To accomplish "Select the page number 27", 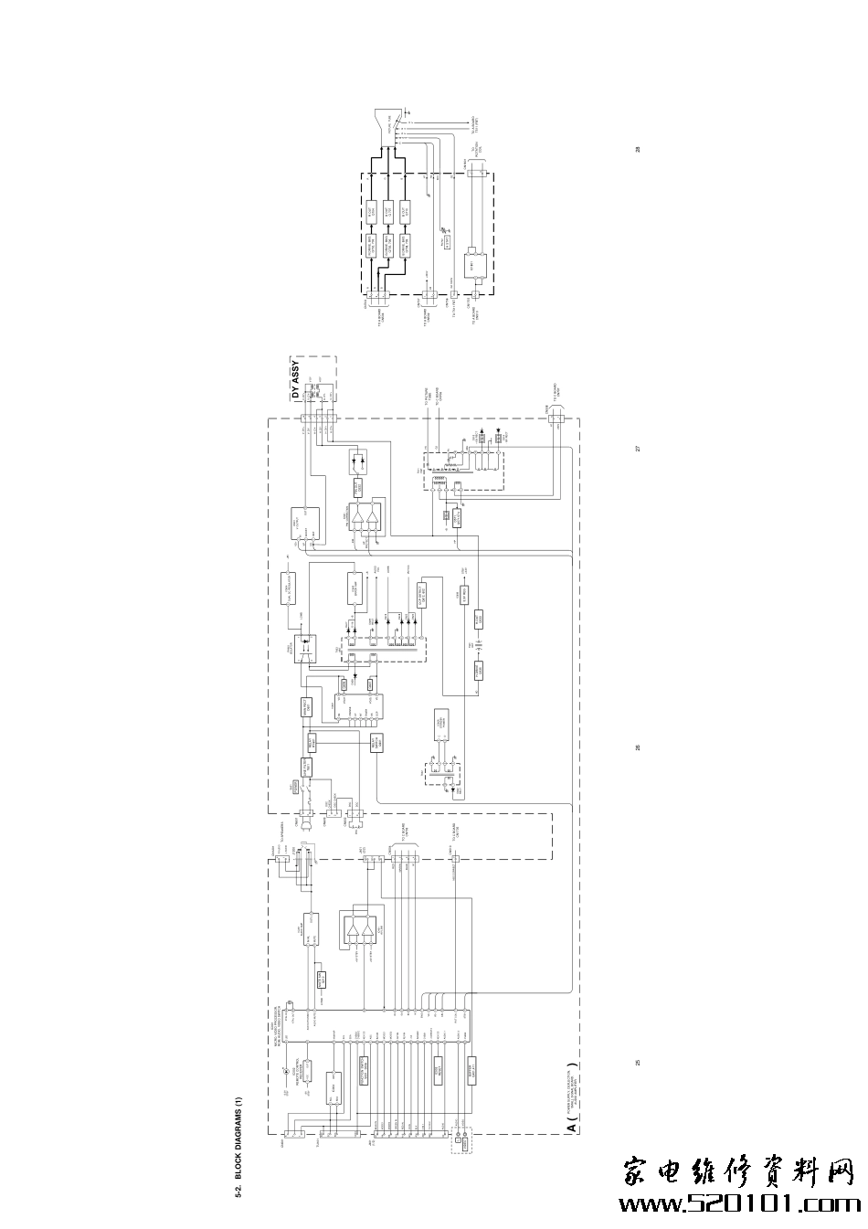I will tap(639, 449).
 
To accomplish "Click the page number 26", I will tap(639, 748).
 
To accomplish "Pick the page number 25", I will tap(639, 1063).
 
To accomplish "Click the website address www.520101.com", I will tap(740, 1203).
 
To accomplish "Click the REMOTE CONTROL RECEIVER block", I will tap(308, 1070).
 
